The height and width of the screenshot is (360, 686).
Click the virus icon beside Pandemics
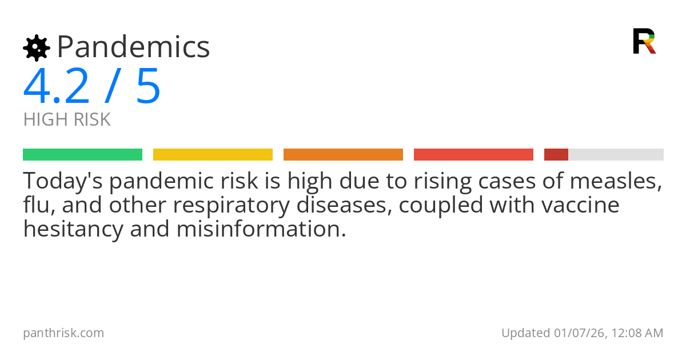click(36, 47)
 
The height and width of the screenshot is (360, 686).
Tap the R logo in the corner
click(644, 41)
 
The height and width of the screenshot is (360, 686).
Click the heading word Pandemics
click(133, 47)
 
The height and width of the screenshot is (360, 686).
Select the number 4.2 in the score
click(56, 87)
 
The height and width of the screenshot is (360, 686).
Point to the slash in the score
click(113, 87)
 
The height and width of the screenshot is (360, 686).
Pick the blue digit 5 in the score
click(148, 87)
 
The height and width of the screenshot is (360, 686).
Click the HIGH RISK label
click(67, 120)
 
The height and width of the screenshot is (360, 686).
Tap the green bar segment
click(82, 155)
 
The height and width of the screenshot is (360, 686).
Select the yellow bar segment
click(213, 155)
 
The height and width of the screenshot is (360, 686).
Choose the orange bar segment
click(343, 155)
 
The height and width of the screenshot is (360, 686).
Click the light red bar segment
click(473, 155)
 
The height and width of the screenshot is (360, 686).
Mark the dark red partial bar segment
click(556, 155)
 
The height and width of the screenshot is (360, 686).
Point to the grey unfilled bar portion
click(616, 155)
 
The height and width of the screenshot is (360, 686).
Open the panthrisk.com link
click(63, 333)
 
